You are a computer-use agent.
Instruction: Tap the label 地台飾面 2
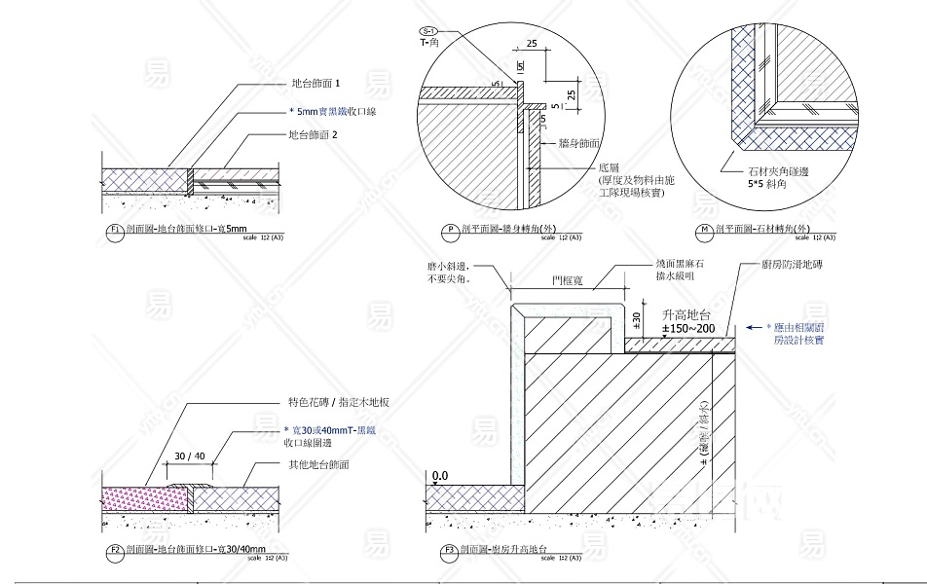[x=313, y=135]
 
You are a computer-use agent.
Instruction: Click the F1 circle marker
[x=114, y=231]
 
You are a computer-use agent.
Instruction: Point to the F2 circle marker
[x=114, y=551]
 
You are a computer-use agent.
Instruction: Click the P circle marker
[x=451, y=231]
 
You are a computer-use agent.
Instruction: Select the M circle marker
[x=703, y=231]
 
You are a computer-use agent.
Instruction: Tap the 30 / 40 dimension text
[x=190, y=456]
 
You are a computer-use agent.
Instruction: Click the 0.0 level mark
[x=439, y=476]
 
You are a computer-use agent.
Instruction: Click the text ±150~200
[x=688, y=329]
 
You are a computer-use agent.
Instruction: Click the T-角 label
[x=431, y=43]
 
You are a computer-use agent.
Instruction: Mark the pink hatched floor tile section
[x=144, y=497]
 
